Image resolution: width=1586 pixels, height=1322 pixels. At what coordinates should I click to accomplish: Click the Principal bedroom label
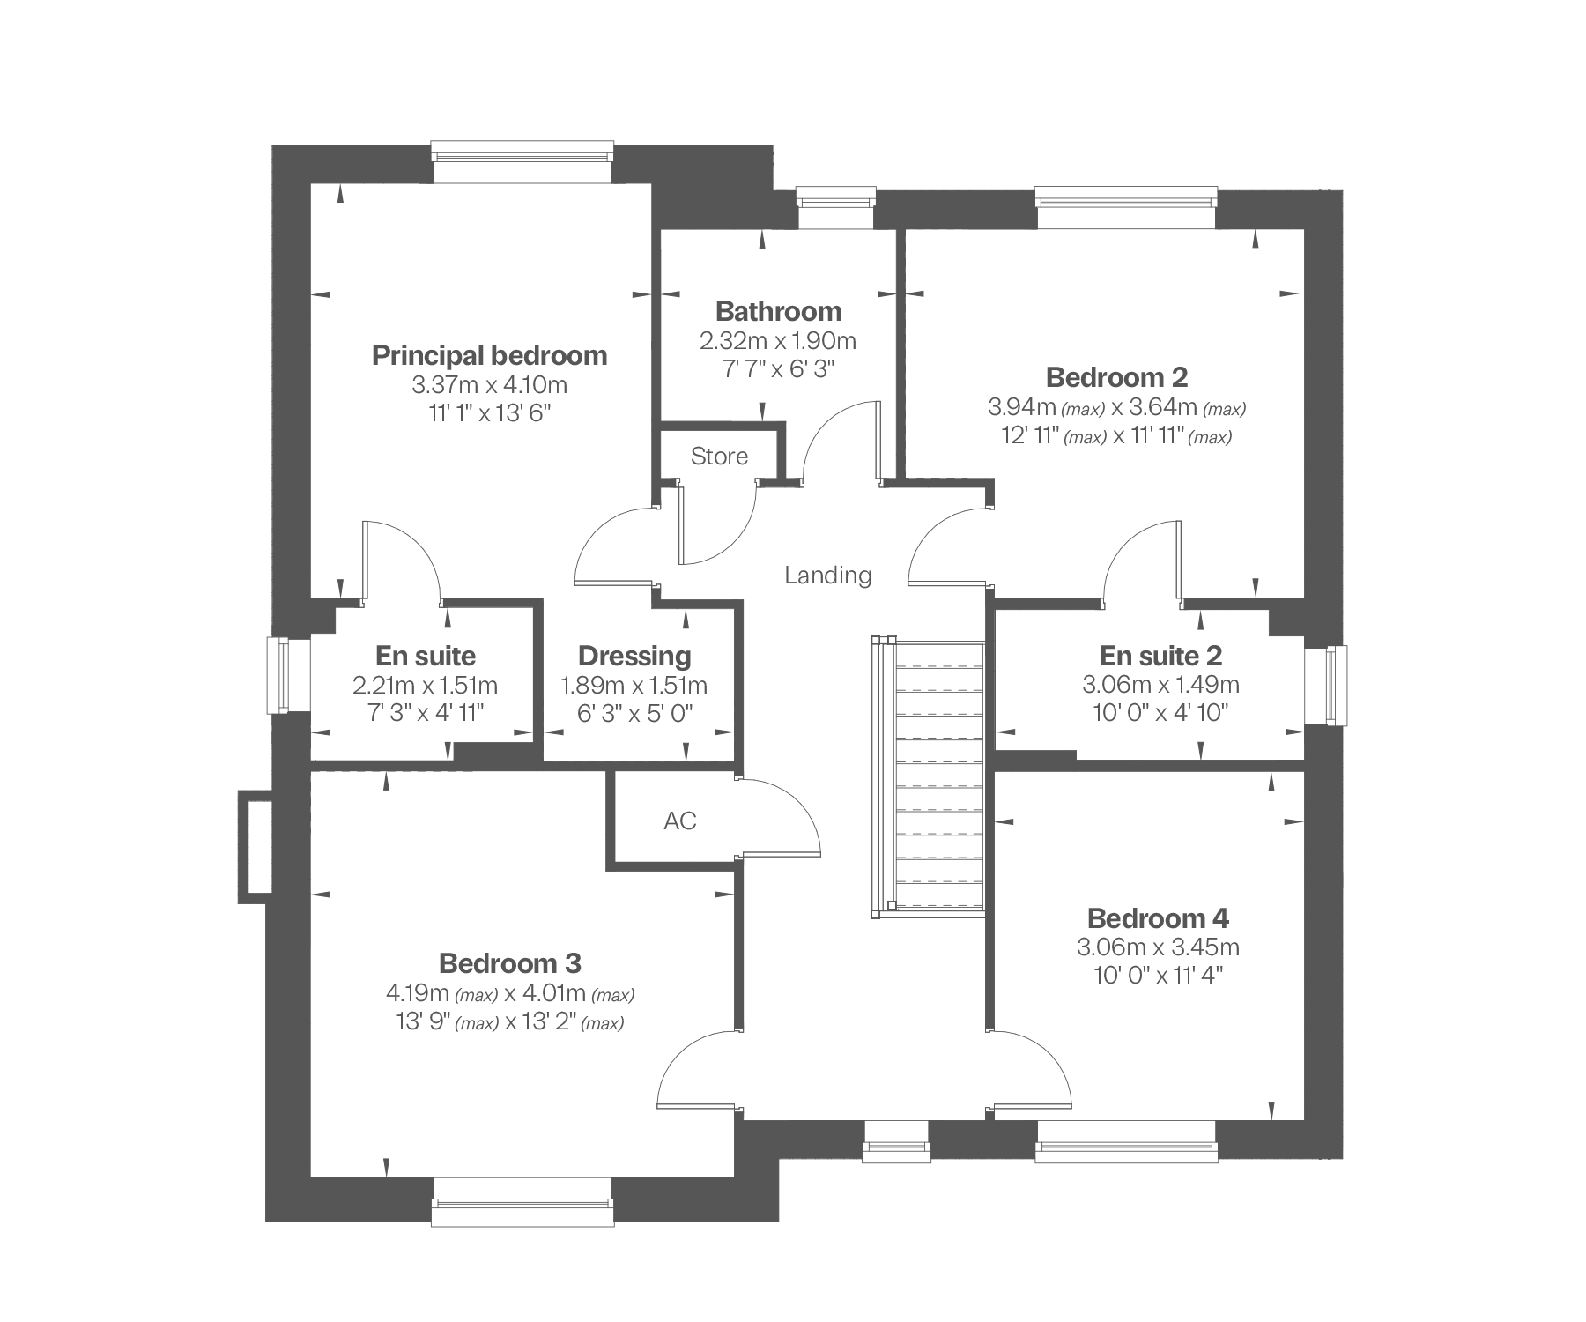489,355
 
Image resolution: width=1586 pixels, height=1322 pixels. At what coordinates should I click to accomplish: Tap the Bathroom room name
778,311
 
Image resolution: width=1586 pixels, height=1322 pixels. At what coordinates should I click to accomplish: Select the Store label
719,456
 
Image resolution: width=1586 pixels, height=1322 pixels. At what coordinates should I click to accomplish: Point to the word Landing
828,576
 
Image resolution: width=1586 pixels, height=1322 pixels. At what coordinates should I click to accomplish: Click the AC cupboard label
679,821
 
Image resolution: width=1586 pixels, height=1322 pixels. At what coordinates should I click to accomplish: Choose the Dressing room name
634,656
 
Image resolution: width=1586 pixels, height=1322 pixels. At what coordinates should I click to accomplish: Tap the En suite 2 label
1160,656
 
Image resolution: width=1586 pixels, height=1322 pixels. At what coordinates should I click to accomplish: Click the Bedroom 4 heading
1158,918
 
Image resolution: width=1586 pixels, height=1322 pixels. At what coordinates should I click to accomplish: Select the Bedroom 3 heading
510,963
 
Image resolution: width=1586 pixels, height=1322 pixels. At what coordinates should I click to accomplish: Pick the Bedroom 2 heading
1116,377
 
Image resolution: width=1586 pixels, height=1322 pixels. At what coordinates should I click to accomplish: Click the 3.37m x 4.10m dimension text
489,385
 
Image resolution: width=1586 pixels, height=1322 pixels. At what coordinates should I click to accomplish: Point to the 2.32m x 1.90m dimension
778,340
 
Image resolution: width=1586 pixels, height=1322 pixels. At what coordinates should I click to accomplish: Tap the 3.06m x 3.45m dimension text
1158,947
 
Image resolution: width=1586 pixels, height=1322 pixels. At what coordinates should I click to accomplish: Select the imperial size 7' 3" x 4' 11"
426,713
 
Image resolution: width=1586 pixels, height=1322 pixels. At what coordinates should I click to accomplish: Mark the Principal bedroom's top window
522,162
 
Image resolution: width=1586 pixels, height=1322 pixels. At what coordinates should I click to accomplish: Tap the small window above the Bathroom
836,208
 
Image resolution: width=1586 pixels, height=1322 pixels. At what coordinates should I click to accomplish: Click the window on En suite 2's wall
1326,686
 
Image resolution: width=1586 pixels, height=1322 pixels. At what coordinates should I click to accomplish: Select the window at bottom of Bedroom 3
522,1200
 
